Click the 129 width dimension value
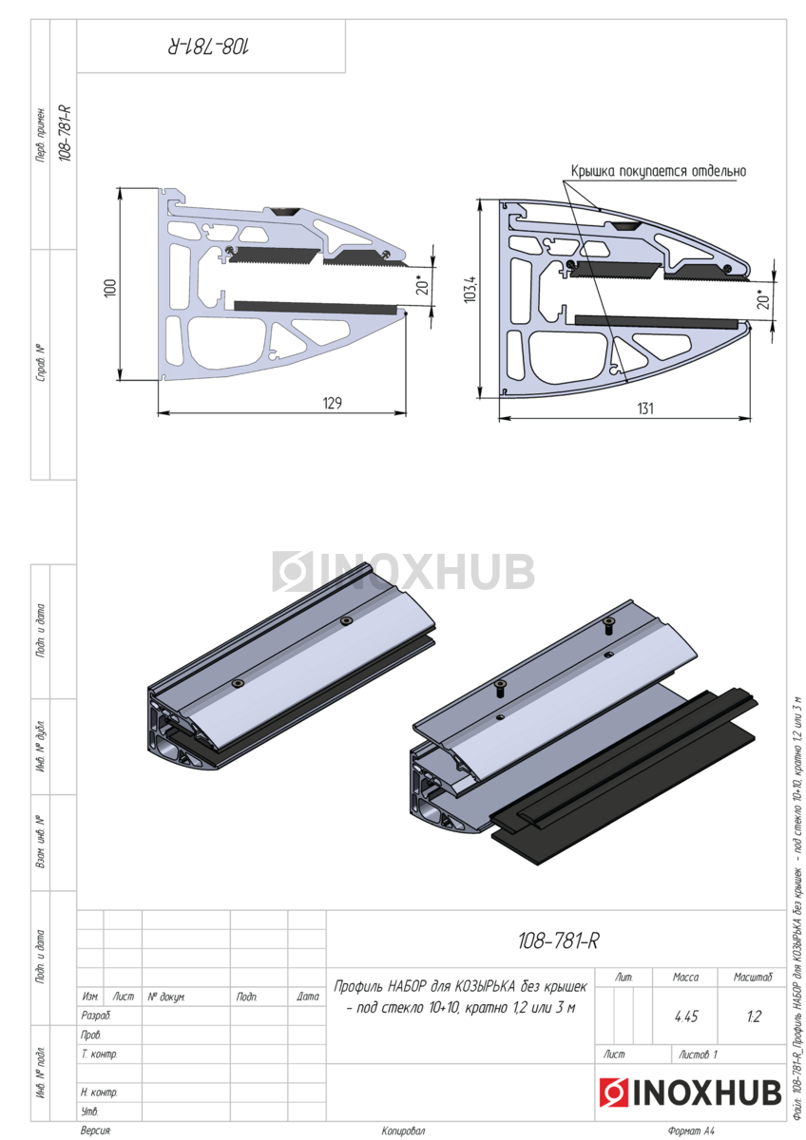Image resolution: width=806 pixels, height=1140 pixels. pos(332,403)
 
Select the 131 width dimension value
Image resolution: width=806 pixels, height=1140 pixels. pos(644,408)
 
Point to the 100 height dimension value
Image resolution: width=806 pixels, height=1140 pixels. pos(110,288)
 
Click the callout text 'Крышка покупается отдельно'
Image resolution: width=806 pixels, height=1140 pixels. pos(659,171)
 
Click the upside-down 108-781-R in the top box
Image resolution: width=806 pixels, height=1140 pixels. pos(208,47)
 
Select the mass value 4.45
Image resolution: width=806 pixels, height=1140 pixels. pos(685,1016)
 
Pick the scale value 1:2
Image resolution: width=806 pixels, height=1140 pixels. pos(754,1016)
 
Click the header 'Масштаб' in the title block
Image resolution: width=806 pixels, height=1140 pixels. pos(753,977)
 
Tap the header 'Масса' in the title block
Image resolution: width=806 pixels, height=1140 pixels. pos(685,977)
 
